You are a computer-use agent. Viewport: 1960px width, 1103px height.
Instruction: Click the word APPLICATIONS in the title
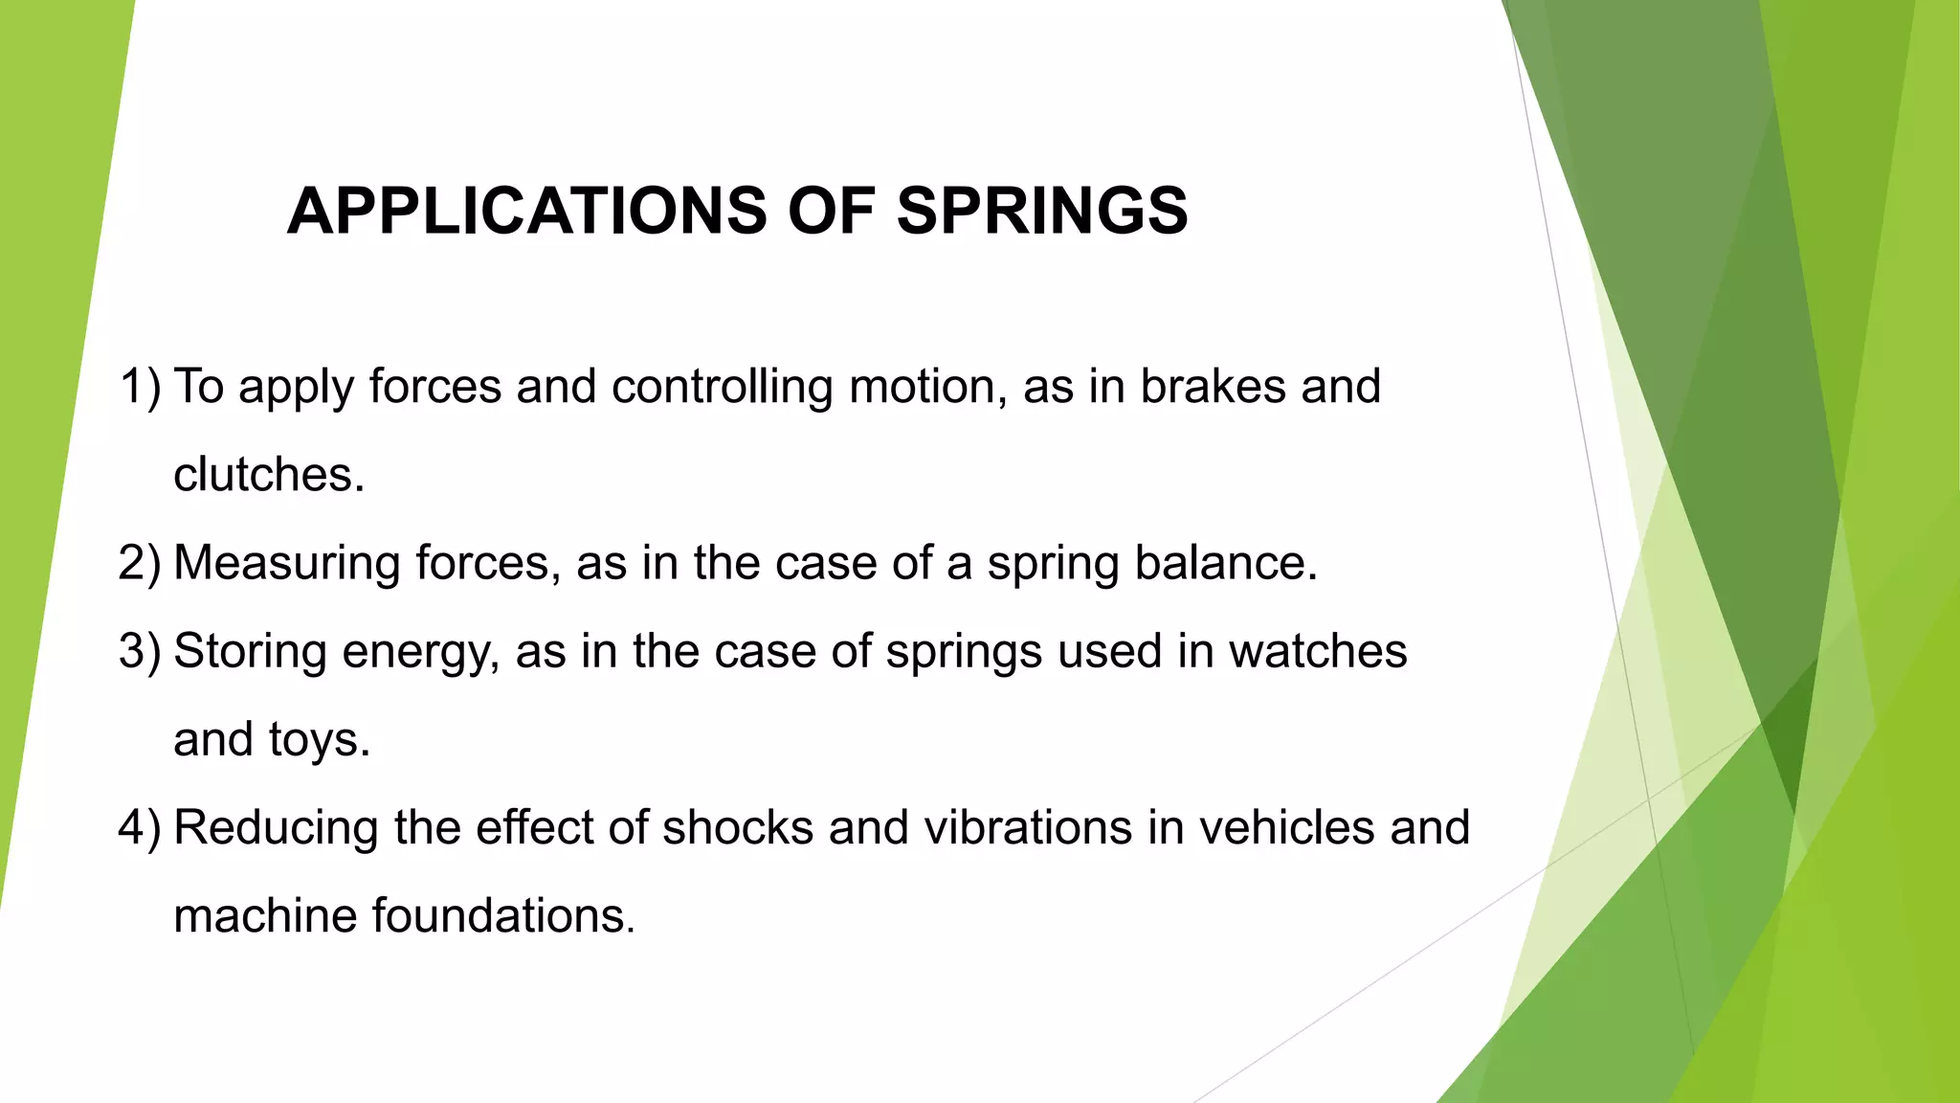527,211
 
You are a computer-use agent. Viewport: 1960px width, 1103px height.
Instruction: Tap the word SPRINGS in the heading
1042,211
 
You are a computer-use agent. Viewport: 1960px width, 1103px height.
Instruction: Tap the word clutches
269,475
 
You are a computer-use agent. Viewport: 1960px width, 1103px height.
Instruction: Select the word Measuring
287,563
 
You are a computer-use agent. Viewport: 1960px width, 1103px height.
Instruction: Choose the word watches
1318,651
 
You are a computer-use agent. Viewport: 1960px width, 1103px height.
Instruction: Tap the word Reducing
276,827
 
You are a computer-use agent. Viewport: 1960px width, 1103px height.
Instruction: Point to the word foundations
503,915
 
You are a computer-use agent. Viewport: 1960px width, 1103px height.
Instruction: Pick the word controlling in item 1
723,387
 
